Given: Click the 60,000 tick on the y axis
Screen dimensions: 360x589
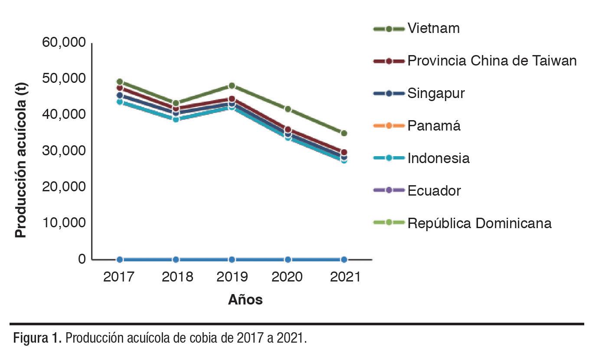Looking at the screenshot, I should [64, 43].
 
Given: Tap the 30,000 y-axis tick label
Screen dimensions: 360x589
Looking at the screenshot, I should [64, 151].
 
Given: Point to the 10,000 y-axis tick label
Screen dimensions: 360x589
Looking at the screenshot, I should [64, 223].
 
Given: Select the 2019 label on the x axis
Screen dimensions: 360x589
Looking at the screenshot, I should [232, 277].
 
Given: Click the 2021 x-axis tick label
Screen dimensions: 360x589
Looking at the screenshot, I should [345, 277].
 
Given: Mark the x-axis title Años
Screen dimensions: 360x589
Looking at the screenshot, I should [245, 300].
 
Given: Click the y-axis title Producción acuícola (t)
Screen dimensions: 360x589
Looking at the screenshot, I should [20, 160].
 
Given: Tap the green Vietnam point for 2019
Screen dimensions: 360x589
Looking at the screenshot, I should [232, 86].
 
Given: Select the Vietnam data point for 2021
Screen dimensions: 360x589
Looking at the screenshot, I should [344, 133].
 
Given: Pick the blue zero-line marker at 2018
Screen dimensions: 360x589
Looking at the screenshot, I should [176, 259].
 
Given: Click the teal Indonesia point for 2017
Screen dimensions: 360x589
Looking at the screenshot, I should [120, 102].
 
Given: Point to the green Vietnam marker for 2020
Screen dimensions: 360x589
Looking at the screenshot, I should [288, 109].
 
